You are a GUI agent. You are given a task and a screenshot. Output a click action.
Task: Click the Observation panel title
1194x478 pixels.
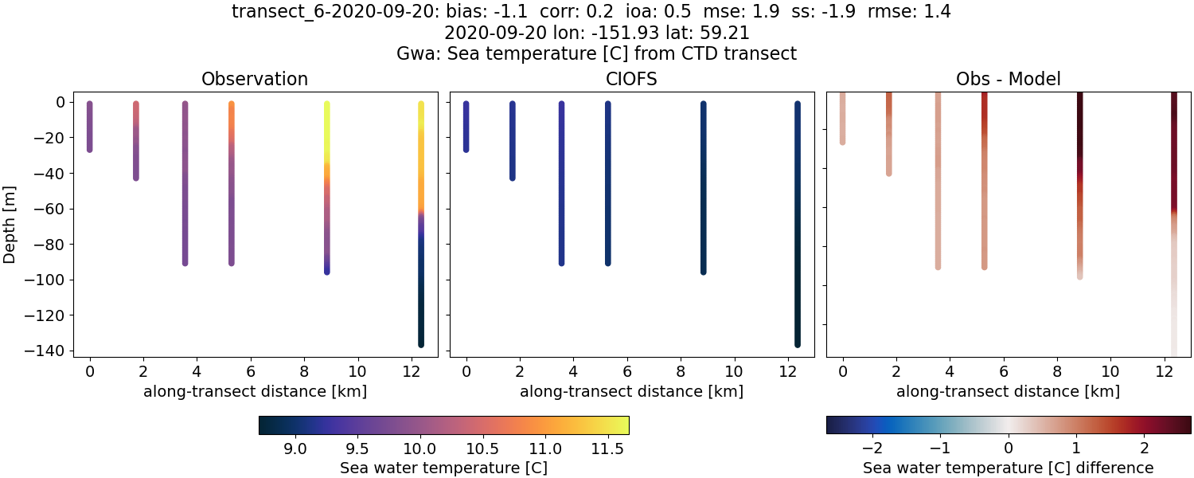[x=254, y=79]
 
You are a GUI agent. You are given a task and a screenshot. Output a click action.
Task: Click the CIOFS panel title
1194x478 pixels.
[x=631, y=79]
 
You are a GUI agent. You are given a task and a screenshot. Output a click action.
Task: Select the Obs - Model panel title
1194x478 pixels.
[x=1008, y=79]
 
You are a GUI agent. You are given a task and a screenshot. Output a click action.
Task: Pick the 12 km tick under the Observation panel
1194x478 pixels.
[x=412, y=371]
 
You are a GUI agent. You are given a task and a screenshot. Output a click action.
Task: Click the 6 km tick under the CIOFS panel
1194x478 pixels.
[x=627, y=371]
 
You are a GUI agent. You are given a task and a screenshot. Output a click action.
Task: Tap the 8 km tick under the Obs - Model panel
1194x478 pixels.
[x=1057, y=371]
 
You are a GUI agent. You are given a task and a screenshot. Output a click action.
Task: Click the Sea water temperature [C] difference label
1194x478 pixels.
[x=1008, y=468]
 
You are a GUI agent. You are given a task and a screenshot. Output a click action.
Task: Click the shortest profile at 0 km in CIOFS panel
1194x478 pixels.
[x=466, y=127]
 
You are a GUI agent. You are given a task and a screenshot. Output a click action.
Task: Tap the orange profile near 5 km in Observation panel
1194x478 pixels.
[x=232, y=183]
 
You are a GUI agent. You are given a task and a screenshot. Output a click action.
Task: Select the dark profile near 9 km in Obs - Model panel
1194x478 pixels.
[x=1079, y=183]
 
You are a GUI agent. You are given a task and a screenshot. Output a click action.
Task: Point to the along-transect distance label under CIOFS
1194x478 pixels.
[x=631, y=391]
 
